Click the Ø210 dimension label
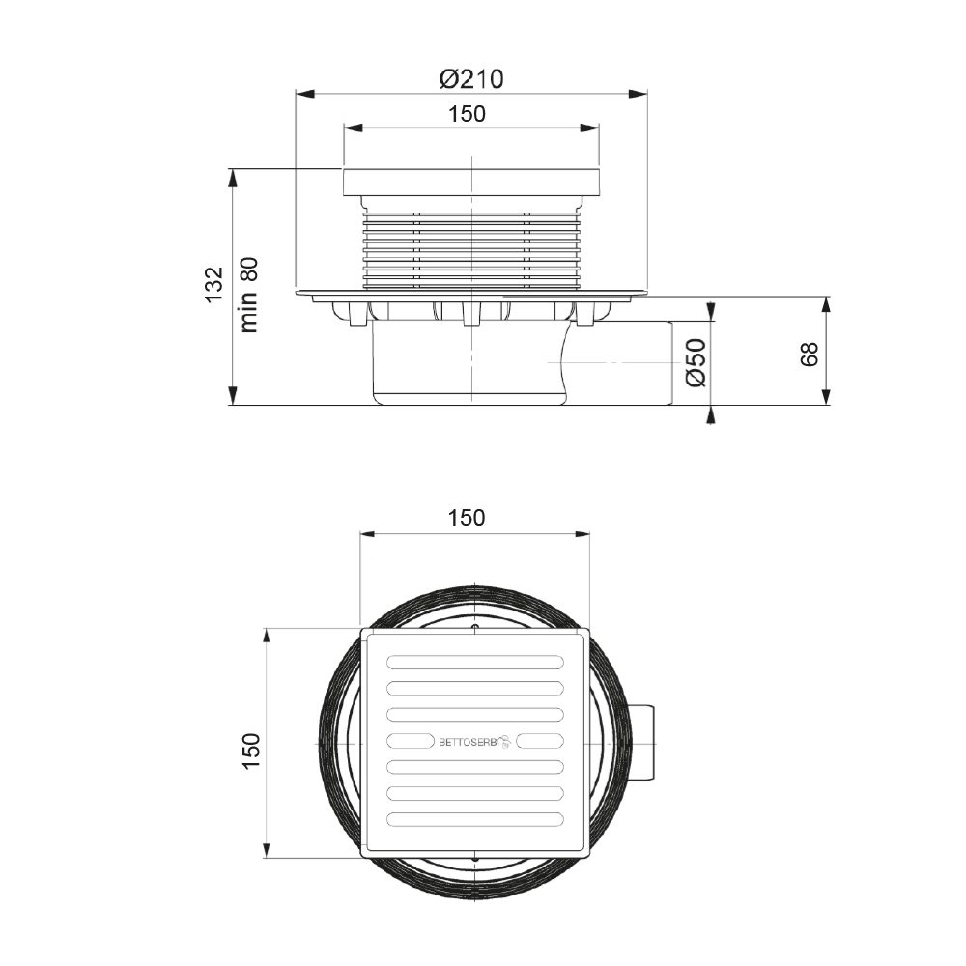point(471,79)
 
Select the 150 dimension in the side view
point(467,114)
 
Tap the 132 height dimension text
point(213,285)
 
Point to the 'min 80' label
point(249,295)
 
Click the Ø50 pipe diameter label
point(696,363)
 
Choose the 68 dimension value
point(809,355)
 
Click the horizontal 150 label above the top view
point(467,518)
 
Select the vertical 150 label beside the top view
point(251,750)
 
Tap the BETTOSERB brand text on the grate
point(467,742)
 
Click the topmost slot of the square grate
point(475,663)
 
